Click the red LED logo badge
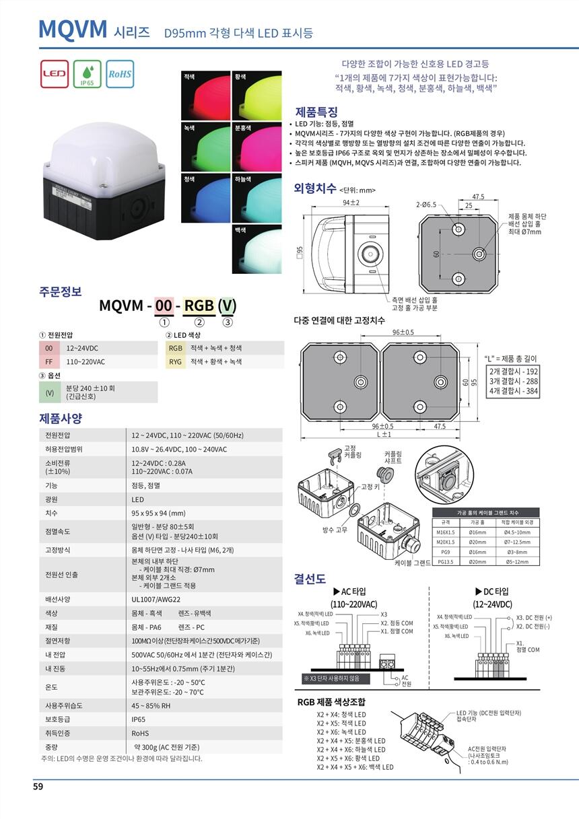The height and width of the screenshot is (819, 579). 55,74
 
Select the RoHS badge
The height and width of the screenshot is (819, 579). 120,74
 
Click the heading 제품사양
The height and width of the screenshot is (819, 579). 61,418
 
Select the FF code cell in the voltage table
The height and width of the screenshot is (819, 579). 48,361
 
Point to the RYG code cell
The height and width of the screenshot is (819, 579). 176,361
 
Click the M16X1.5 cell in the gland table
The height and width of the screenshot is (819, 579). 447,532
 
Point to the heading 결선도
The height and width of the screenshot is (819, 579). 310,578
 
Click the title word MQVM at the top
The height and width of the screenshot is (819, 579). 73,29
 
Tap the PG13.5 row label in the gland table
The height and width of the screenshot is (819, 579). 446,561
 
